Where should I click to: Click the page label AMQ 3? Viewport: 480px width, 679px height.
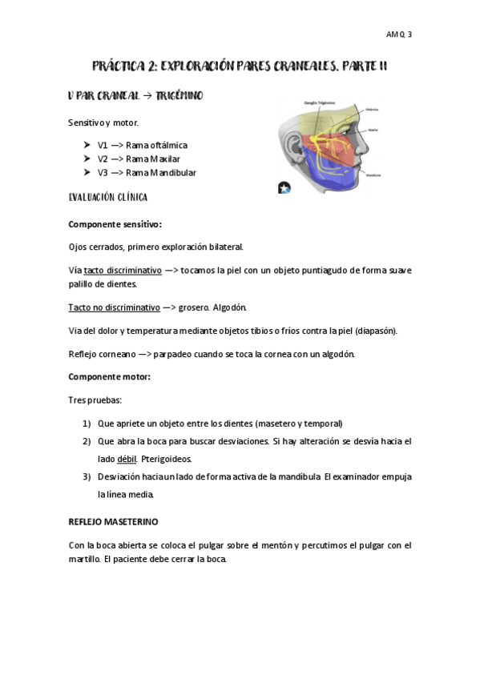click(x=398, y=34)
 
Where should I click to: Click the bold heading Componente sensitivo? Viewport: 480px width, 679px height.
click(x=115, y=224)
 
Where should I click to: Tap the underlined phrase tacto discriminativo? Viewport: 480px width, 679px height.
click(x=123, y=270)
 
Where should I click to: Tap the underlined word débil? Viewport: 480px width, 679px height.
click(x=127, y=459)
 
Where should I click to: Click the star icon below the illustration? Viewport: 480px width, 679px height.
click(x=284, y=187)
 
